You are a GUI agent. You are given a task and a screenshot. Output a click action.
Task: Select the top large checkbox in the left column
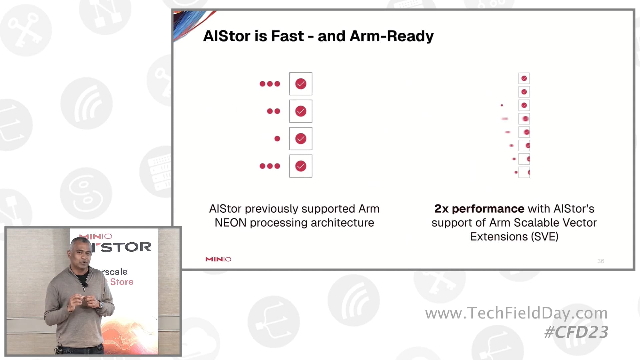point(301,84)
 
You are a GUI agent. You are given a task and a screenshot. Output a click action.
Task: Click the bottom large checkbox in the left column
point(301,166)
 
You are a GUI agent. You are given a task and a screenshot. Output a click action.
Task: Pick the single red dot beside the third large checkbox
point(277,139)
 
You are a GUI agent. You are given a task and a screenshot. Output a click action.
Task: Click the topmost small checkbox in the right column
point(524,78)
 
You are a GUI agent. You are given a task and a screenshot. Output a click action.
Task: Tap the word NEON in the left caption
point(230,223)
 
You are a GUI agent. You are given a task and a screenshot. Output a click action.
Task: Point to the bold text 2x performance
point(479,209)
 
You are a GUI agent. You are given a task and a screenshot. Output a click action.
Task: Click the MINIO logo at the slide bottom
point(218,259)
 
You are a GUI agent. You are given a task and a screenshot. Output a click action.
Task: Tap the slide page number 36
point(601,261)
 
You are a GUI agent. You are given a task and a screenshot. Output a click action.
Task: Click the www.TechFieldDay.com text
point(516,313)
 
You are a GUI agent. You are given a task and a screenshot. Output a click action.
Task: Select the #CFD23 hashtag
point(576,332)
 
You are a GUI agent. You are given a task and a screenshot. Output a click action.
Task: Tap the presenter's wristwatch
point(101,304)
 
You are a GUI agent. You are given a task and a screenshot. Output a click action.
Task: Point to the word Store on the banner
point(122,282)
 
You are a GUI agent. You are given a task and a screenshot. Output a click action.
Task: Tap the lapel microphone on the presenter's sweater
point(86,285)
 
